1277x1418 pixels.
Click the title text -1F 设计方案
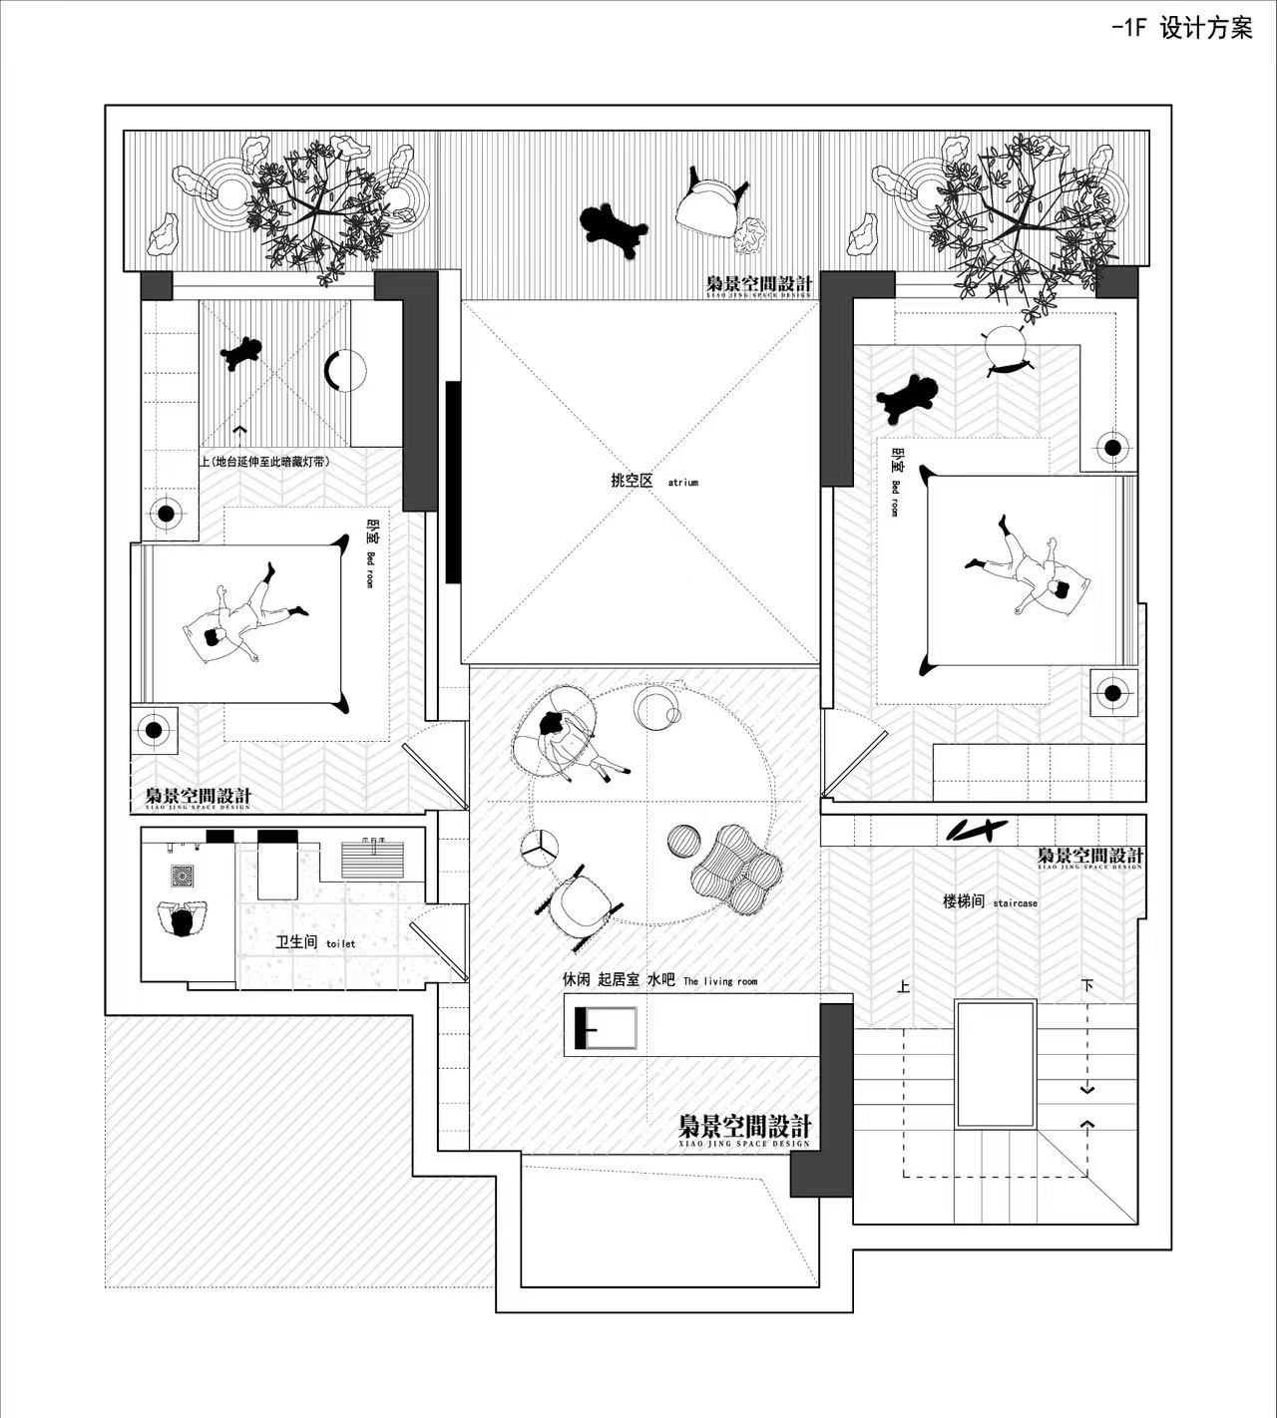[1181, 28]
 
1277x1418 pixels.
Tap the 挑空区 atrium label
[653, 481]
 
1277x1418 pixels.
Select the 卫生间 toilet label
[314, 941]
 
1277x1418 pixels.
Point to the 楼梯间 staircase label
[990, 901]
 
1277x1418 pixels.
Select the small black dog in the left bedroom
[242, 352]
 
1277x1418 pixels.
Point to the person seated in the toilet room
[182, 918]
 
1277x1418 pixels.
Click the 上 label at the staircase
[903, 987]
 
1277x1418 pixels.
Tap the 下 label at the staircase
[1086, 986]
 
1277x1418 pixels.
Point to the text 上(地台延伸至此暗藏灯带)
[264, 462]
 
